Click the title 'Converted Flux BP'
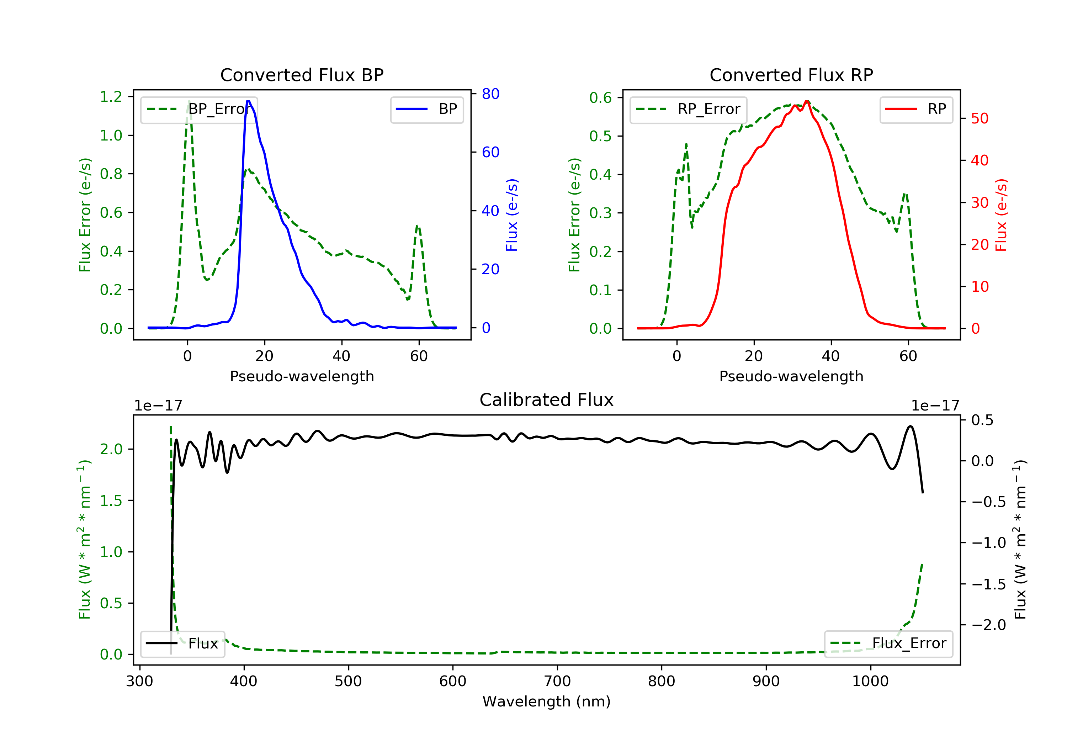[302, 75]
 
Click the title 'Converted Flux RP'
[791, 75]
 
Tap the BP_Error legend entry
[199, 109]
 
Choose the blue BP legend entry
[426, 109]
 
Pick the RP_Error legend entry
[688, 109]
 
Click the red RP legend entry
[916, 109]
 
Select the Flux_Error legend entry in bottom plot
[888, 643]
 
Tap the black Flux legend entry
[182, 643]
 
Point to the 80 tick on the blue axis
[490, 94]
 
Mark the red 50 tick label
[980, 118]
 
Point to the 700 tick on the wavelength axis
[557, 682]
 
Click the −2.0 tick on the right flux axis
[988, 625]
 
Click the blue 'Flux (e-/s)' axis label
[512, 215]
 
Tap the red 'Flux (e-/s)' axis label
[1001, 215]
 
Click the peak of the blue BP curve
[249, 101]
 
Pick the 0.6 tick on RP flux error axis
[600, 97]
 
